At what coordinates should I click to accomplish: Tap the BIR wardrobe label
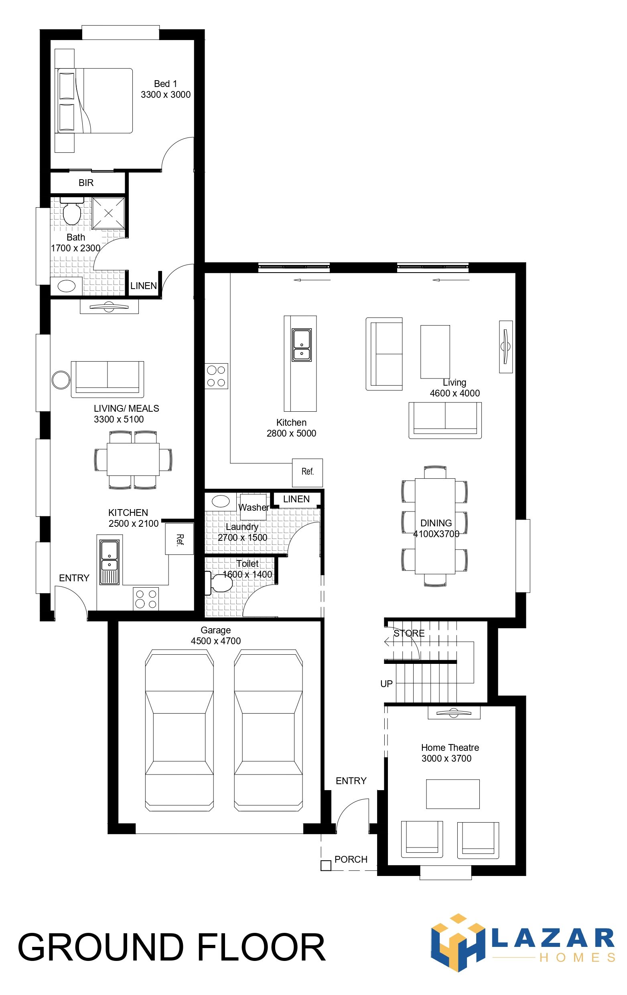pyautogui.click(x=86, y=183)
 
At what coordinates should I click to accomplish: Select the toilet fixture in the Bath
pyautogui.click(x=72, y=211)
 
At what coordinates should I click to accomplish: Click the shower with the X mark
pyautogui.click(x=108, y=213)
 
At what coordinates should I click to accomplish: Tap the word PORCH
pyautogui.click(x=351, y=860)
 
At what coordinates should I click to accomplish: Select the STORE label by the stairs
pyautogui.click(x=409, y=633)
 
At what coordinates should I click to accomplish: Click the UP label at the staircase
pyautogui.click(x=386, y=684)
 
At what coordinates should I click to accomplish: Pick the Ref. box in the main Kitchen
pyautogui.click(x=307, y=472)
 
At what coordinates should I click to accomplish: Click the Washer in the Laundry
pyautogui.click(x=253, y=507)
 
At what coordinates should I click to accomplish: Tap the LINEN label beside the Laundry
pyautogui.click(x=296, y=499)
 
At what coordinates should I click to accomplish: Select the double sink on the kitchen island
pyautogui.click(x=302, y=345)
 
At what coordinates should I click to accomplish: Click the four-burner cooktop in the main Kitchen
pyautogui.click(x=216, y=376)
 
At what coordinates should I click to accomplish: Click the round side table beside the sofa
pyautogui.click(x=61, y=380)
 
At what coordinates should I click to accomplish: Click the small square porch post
pyautogui.click(x=326, y=866)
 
